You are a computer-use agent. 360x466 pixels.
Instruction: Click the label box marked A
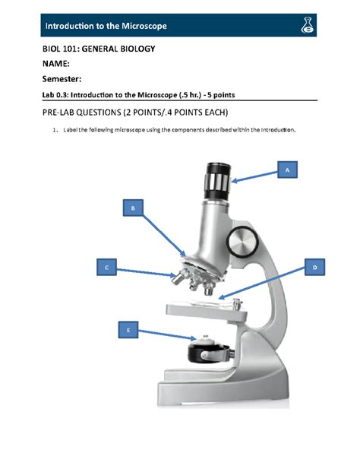point(287,171)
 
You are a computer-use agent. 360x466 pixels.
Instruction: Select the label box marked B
point(133,208)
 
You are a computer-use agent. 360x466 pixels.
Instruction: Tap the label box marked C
point(107,267)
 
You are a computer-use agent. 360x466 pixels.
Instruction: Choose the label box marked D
point(314,268)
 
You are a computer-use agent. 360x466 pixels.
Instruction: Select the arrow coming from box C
point(147,269)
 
